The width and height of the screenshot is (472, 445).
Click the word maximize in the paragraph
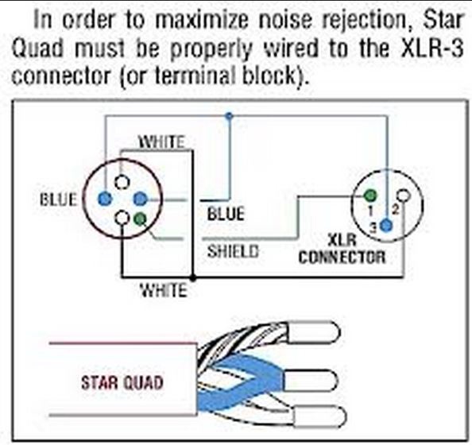click(202, 20)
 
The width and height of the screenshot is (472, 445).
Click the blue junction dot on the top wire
click(230, 115)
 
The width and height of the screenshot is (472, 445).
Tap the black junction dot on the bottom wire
click(193, 277)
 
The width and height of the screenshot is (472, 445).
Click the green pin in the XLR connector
click(370, 195)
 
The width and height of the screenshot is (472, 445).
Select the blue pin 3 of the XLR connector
click(386, 225)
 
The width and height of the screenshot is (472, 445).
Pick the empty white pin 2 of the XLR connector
click(404, 195)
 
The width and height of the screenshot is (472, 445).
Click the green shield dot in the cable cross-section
click(141, 218)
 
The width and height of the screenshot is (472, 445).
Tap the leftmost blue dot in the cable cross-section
click(105, 199)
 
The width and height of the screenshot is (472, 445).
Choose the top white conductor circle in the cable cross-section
click(122, 182)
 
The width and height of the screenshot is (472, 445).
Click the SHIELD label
click(233, 251)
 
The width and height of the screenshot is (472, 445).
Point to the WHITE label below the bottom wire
click(164, 291)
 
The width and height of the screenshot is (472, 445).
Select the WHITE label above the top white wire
click(161, 141)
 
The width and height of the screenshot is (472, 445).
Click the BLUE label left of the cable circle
click(58, 199)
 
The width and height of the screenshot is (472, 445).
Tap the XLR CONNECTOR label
click(342, 250)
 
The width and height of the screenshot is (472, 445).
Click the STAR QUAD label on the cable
click(122, 383)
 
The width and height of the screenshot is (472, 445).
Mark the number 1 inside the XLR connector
click(371, 210)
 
